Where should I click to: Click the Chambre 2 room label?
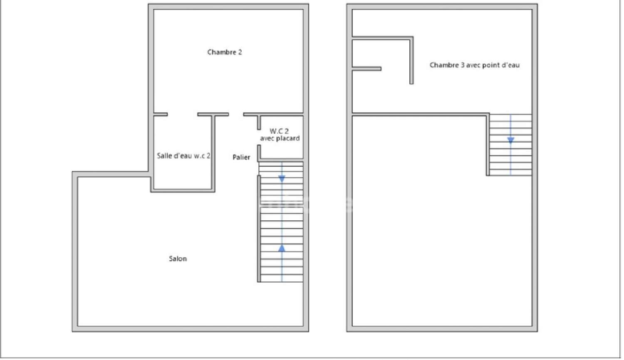pos(225,52)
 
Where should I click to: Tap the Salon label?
pos(178,259)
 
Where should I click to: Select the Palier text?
pos(242,157)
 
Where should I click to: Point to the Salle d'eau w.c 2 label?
pos(183,155)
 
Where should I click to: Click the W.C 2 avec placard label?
pos(280,134)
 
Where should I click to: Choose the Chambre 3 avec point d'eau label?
pos(474,65)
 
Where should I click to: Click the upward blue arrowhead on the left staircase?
pos(282,248)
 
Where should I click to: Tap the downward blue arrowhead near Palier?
pos(282,179)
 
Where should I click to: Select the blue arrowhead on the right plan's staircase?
pos(510,140)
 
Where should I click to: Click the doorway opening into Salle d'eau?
pos(183,114)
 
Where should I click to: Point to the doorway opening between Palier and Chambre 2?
pos(236,114)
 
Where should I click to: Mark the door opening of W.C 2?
pos(259,138)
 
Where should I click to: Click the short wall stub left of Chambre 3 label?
pos(366,69)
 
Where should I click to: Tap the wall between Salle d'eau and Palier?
pos(213,153)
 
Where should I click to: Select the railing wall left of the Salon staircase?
pos(259,229)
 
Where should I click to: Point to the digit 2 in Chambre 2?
pos(240,52)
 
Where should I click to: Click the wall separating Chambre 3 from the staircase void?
pos(420,113)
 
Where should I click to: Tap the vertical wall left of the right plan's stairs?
pos(488,144)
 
